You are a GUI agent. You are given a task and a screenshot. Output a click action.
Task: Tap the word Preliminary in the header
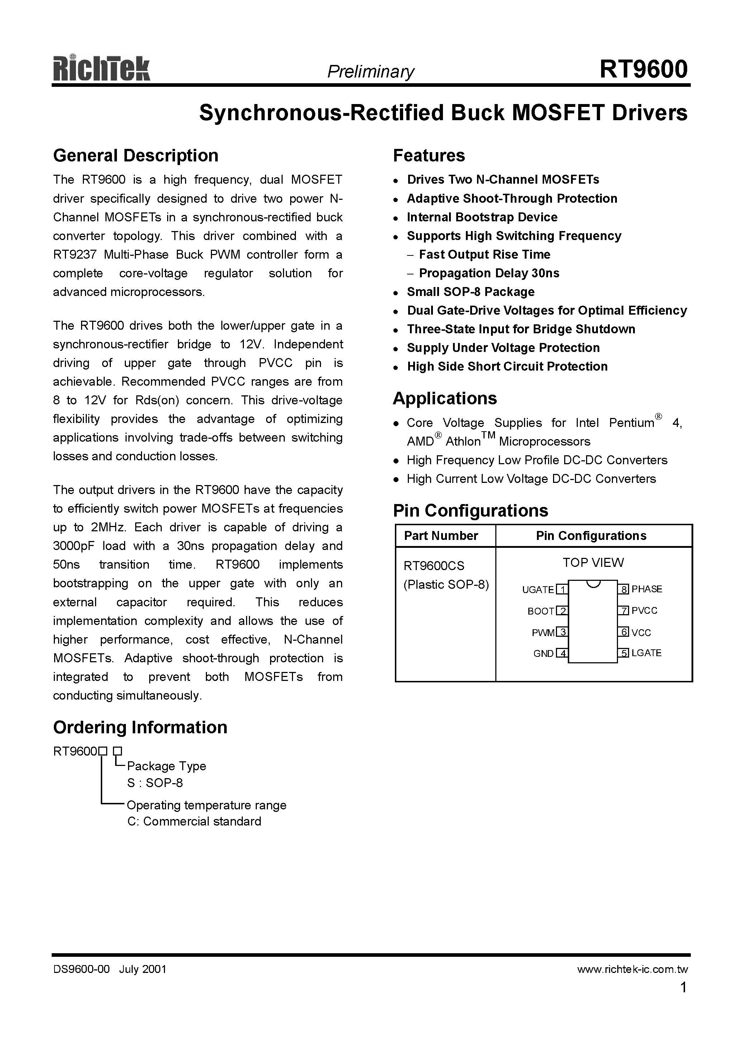pos(370,72)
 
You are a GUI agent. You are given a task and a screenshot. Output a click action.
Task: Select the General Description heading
pos(136,156)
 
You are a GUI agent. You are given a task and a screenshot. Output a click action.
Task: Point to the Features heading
pos(429,156)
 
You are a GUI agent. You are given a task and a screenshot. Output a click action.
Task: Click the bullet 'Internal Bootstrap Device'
pos(482,217)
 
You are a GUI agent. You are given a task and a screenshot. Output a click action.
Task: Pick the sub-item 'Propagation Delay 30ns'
pos(489,273)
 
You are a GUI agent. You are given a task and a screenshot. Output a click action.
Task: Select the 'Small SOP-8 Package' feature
pos(471,292)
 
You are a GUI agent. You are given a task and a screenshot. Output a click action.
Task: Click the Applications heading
pos(444,399)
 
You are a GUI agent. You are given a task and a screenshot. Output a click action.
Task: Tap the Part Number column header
pos(441,536)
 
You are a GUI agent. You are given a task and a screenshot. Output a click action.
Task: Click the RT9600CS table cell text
pos(434,566)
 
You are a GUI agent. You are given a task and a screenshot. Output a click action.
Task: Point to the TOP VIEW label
pos(593,563)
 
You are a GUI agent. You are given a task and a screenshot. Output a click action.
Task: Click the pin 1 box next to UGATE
pos(562,589)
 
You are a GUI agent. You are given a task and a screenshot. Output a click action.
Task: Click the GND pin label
pos(543,654)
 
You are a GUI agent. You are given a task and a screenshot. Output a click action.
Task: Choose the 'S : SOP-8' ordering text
pos(155,783)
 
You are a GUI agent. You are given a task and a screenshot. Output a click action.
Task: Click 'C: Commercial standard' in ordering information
pos(194,822)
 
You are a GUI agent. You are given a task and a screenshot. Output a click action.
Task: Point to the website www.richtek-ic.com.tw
pos(632,969)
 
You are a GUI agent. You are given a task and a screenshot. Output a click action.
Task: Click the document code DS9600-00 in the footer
pos(81,969)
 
